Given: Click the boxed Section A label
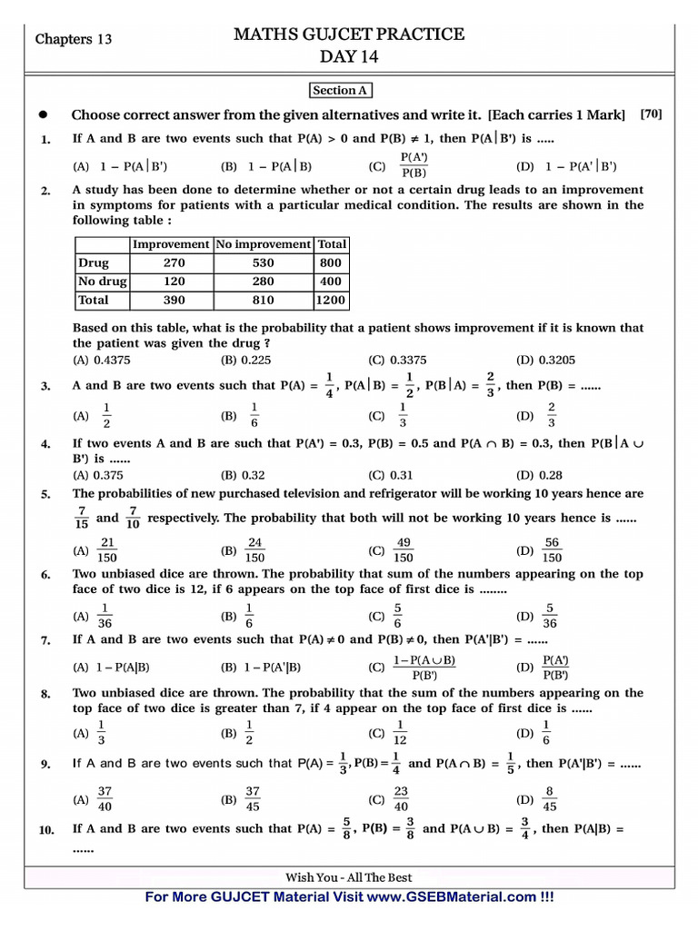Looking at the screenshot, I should (x=341, y=90).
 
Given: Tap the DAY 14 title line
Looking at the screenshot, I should (x=349, y=57).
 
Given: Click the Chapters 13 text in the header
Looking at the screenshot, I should (x=74, y=39).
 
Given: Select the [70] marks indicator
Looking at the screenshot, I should (x=651, y=114).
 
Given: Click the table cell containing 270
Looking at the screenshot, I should (x=173, y=262).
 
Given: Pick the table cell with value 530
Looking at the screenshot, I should (x=262, y=262).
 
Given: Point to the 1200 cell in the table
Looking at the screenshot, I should (x=330, y=300).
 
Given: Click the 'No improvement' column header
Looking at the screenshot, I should (x=262, y=244).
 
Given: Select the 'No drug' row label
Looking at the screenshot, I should (x=100, y=282).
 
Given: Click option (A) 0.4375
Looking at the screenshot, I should (x=97, y=360).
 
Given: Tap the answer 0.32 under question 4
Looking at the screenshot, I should (x=243, y=474).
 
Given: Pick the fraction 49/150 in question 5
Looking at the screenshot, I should (x=404, y=550).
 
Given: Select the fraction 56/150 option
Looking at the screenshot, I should (x=552, y=550).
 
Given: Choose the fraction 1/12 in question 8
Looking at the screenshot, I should (x=401, y=732).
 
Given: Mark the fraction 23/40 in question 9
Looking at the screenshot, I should (x=401, y=799).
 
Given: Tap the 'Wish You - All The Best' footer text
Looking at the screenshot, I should (x=349, y=877).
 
